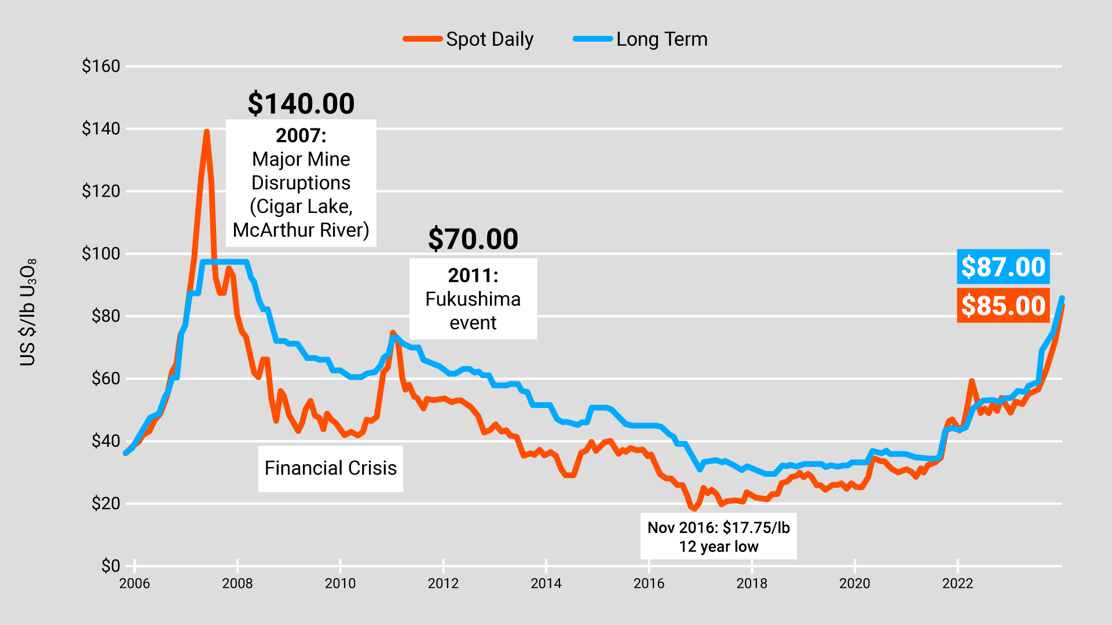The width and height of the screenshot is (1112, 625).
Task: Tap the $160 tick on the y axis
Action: tap(101, 66)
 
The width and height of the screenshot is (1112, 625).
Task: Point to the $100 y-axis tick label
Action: tap(101, 253)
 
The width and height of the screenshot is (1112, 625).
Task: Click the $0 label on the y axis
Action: tap(111, 565)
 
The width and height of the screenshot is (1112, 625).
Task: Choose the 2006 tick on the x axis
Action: tap(134, 583)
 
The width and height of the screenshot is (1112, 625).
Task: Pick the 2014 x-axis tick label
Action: tap(546, 583)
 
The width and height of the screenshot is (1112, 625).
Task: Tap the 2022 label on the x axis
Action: tap(958, 583)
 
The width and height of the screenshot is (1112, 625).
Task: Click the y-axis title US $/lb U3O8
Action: tap(28, 312)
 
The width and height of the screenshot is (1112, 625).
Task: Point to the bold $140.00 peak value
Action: tap(301, 104)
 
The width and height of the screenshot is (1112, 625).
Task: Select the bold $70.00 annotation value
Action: tap(473, 239)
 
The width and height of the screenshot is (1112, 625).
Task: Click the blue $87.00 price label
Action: tap(1003, 267)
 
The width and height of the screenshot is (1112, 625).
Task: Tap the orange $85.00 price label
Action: tap(1003, 306)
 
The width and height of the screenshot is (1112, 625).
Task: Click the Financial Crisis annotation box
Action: tap(331, 468)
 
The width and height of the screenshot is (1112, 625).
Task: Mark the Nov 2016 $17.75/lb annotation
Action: tap(718, 536)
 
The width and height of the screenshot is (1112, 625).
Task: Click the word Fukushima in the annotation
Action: tap(473, 299)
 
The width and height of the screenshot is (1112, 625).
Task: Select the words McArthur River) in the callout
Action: tap(301, 230)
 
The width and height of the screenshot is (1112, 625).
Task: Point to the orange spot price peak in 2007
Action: tap(207, 133)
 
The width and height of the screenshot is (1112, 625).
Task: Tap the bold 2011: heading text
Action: tap(473, 275)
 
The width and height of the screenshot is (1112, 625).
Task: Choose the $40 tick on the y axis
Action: tap(106, 441)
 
